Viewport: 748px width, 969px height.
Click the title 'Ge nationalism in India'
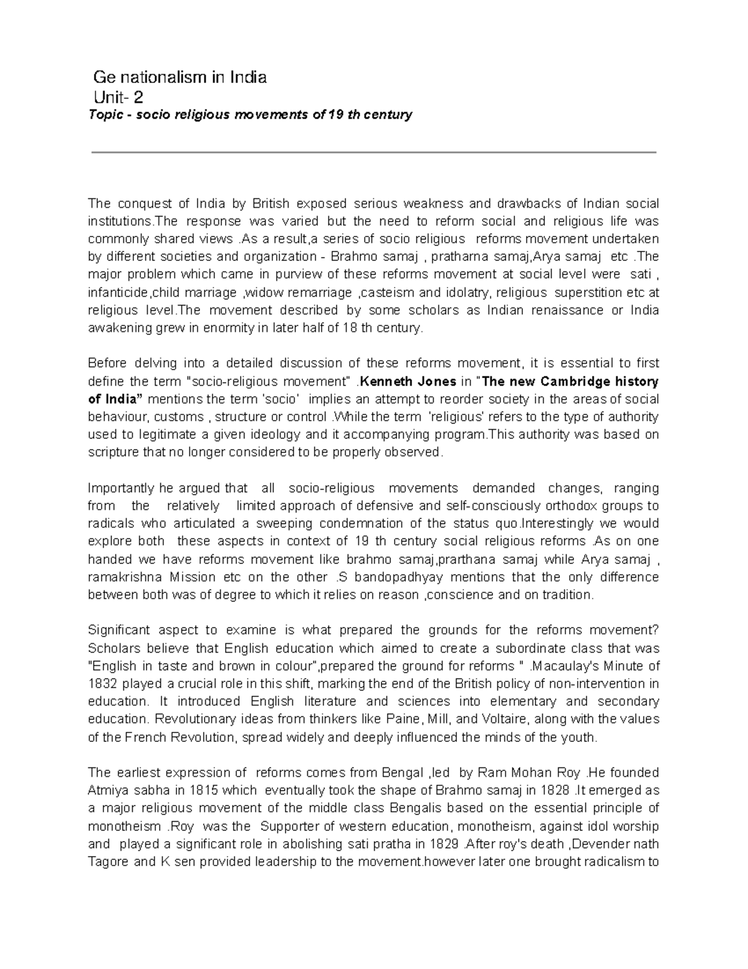pos(180,77)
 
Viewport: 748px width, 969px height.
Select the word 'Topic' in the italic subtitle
pos(105,115)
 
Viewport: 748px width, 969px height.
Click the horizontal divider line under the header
pos(374,152)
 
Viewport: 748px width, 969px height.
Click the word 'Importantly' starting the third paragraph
pos(120,488)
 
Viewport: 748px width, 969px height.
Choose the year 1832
pos(102,683)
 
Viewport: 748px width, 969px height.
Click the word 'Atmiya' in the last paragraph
pos(107,791)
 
